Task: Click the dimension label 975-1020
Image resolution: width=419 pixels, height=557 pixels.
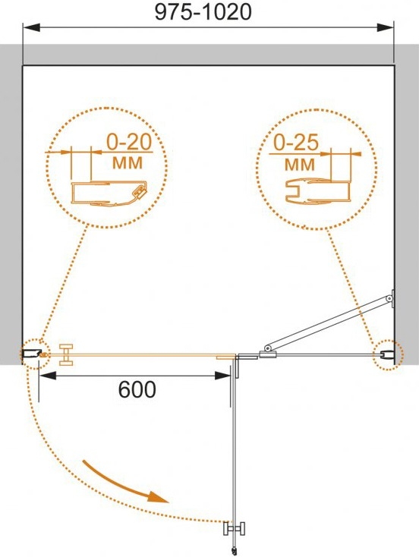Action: (x=203, y=12)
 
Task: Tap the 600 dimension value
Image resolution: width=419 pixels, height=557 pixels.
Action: (x=137, y=389)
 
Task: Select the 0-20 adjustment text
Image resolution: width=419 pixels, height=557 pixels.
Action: (x=129, y=142)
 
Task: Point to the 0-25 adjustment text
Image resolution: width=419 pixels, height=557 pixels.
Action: (x=296, y=143)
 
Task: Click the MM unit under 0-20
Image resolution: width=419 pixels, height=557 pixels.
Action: (x=128, y=162)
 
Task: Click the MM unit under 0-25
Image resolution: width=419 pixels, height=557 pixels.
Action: (x=300, y=165)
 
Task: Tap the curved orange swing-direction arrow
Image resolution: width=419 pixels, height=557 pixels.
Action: (x=124, y=483)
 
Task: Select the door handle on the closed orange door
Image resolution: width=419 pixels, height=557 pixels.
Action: (x=66, y=354)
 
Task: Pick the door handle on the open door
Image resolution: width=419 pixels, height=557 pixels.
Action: (x=235, y=528)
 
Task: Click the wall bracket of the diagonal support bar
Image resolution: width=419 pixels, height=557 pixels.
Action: (x=392, y=298)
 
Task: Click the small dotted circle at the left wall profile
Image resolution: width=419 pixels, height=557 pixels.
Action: (x=34, y=354)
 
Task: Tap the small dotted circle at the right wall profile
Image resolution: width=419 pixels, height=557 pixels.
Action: (x=387, y=354)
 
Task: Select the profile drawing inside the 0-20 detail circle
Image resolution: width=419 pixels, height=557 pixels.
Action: (x=109, y=194)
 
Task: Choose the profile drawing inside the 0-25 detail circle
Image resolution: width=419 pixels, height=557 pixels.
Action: (x=317, y=193)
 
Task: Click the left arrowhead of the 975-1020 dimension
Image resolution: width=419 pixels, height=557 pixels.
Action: (x=31, y=28)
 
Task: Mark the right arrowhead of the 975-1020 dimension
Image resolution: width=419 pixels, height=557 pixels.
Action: (x=386, y=28)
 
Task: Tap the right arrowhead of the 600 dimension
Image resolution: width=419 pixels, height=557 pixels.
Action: (x=223, y=376)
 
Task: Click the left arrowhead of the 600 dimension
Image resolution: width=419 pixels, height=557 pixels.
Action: (x=47, y=376)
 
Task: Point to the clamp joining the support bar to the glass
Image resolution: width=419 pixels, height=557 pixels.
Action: (x=268, y=353)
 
